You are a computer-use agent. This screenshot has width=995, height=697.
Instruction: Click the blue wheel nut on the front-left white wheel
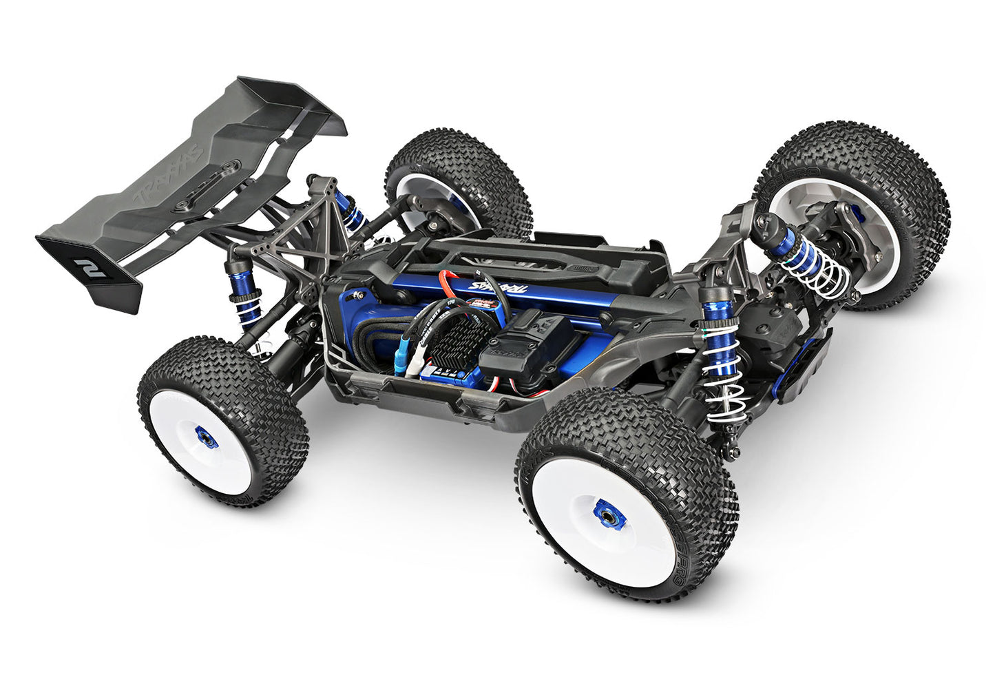608,514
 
